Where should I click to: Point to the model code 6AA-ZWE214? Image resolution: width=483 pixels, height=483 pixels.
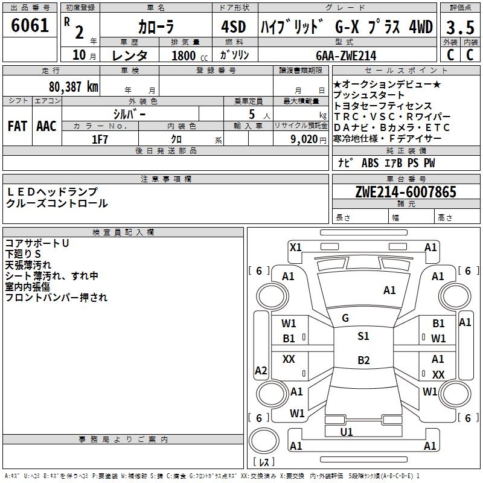[x=347, y=55]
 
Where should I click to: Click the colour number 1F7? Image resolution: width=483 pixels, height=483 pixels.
[x=100, y=139]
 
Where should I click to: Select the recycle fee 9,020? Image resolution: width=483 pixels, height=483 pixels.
[x=309, y=139]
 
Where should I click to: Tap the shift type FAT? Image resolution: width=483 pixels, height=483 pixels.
[x=18, y=126]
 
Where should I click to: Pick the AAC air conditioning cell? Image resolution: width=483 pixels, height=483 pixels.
[x=46, y=126]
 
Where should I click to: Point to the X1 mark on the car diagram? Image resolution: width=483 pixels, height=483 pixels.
[x=296, y=247]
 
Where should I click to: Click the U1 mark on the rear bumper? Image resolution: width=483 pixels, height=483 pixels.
[x=347, y=432]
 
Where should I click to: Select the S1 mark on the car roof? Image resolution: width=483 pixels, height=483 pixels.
[x=363, y=336]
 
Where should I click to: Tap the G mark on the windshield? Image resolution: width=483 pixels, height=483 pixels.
[x=345, y=318]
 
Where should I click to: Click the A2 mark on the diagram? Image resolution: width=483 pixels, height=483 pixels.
[x=261, y=371]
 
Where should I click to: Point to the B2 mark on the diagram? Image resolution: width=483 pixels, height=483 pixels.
[x=363, y=360]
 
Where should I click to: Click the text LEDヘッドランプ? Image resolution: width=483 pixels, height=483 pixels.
[x=52, y=191]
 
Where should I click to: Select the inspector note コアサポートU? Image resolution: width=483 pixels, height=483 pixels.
[x=37, y=243]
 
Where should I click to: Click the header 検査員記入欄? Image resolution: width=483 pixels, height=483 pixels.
[x=123, y=232]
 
